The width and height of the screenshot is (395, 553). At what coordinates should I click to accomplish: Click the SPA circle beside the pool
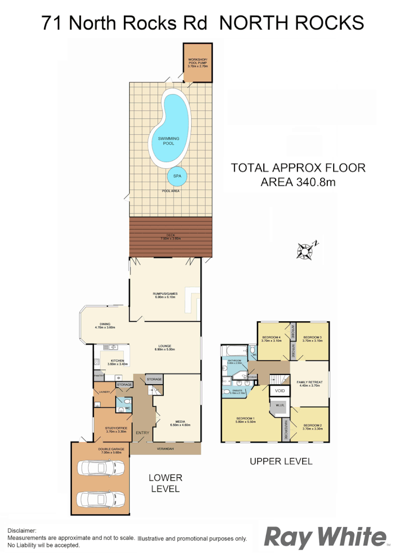click(177, 176)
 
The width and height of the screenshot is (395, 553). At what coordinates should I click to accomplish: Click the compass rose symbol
click(306, 250)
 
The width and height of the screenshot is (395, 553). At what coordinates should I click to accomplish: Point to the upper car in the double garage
click(102, 469)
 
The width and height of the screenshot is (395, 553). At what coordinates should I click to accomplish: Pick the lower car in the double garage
click(102, 499)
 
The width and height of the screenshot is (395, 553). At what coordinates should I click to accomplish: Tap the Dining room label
click(105, 326)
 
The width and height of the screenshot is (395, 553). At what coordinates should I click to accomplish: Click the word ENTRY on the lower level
click(143, 433)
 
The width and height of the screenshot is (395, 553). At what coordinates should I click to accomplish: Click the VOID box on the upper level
click(279, 391)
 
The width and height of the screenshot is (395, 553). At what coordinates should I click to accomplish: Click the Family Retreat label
click(310, 384)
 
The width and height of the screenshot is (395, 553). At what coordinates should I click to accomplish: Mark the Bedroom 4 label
click(271, 338)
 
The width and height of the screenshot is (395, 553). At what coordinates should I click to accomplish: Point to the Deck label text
click(170, 238)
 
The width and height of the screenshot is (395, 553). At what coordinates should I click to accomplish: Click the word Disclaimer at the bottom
click(22, 530)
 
